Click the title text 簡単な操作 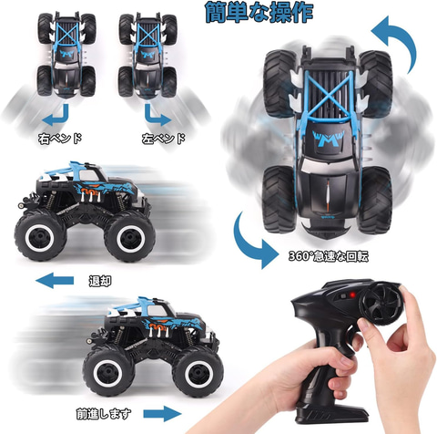click(x=259, y=13)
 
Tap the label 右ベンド click(x=60, y=139)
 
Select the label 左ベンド click(x=163, y=139)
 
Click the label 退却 click(x=100, y=281)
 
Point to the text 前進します click(x=104, y=414)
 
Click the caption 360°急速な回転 click(x=329, y=256)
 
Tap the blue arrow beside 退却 click(x=55, y=280)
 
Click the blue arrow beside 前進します click(x=162, y=414)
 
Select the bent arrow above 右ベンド click(x=63, y=119)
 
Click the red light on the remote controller click(x=352, y=295)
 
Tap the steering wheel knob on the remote click(x=381, y=303)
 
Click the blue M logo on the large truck click(x=329, y=139)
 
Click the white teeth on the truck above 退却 click(x=90, y=197)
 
